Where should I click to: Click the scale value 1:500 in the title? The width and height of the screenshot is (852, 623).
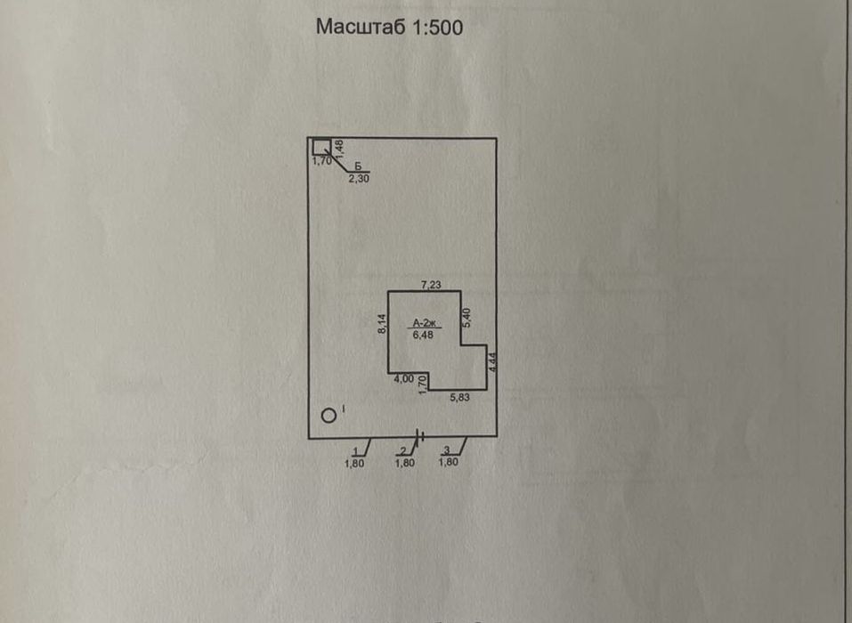coord(435,28)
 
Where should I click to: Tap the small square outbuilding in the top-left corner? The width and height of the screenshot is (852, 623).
coord(321,147)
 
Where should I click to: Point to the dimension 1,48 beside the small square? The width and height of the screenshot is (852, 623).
coord(339,149)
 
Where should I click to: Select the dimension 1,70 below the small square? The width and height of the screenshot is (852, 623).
coord(321,161)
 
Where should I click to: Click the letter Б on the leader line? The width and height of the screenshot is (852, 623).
coord(358,166)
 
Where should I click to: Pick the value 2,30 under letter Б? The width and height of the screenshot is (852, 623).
coord(358,178)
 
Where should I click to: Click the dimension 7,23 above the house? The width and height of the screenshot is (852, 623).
coord(432,284)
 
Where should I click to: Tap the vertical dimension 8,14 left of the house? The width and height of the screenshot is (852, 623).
coord(380,325)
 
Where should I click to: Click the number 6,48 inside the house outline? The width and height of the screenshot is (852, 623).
coord(422,335)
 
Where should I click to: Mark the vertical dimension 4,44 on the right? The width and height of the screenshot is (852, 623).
coord(492,361)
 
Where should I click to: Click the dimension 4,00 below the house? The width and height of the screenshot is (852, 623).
coord(403,379)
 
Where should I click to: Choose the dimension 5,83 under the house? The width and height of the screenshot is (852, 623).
coord(458,398)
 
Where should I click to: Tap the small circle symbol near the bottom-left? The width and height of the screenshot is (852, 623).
coord(329,414)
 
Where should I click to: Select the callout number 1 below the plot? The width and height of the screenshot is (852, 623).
coord(357,450)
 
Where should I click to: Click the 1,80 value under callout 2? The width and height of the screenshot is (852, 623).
coord(404,463)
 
